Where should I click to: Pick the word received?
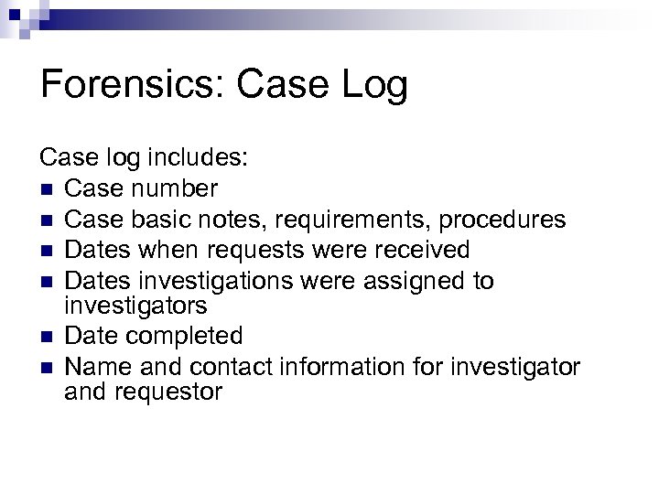(x=431, y=250)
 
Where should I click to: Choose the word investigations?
(x=208, y=280)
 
